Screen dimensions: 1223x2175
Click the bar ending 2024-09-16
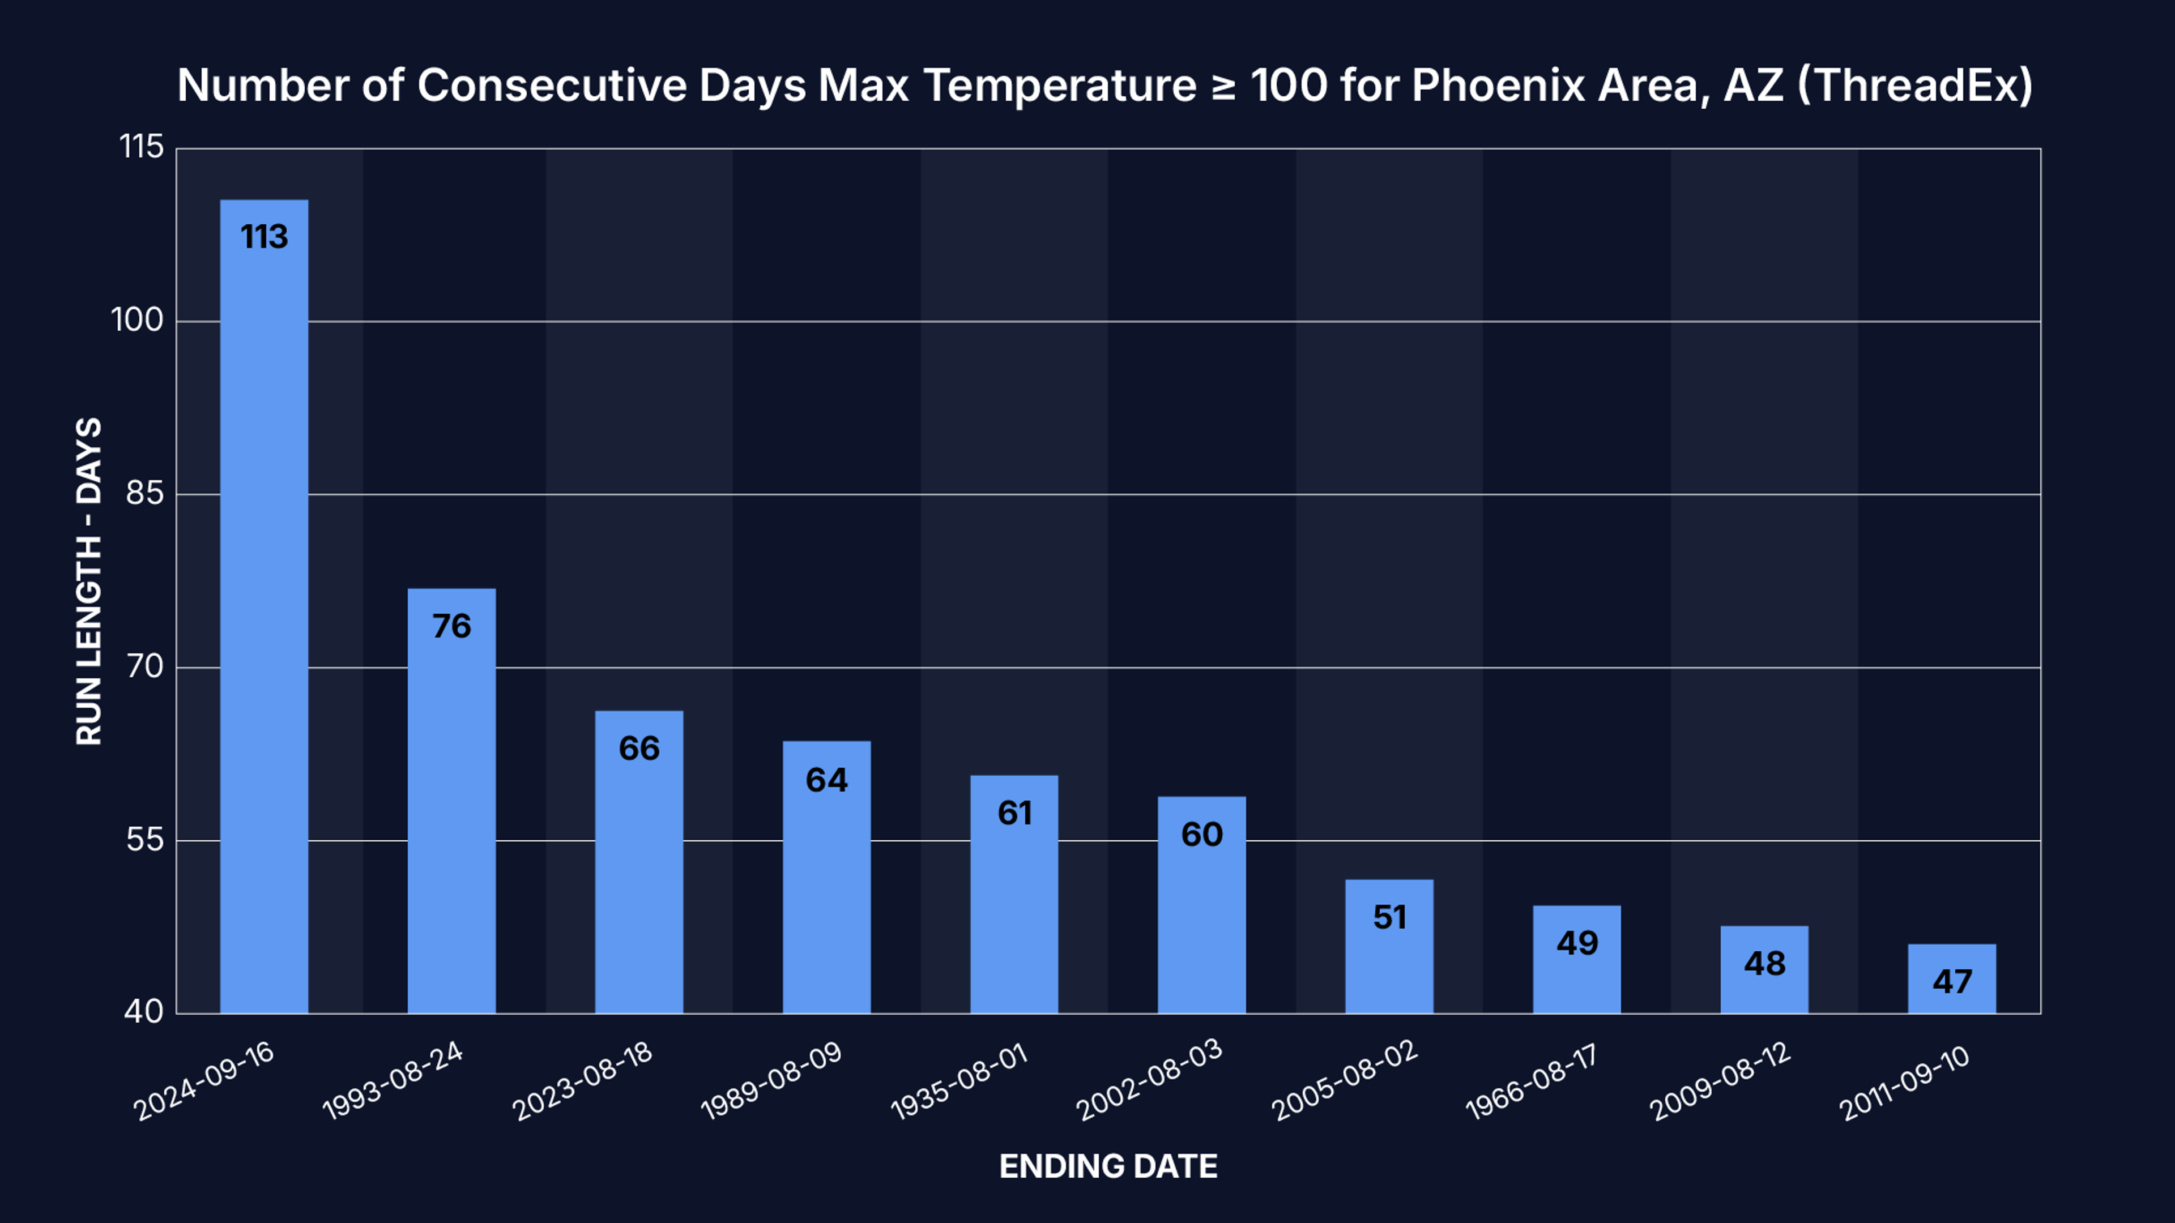(265, 608)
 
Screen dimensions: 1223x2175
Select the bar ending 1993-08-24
(452, 802)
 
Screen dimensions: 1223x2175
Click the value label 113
(265, 237)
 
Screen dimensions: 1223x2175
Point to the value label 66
(639, 749)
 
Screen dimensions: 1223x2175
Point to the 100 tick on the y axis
(138, 320)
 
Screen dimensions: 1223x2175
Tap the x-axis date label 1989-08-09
(771, 1081)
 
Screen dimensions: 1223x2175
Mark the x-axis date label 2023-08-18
(583, 1081)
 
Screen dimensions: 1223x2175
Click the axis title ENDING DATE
(1108, 1166)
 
